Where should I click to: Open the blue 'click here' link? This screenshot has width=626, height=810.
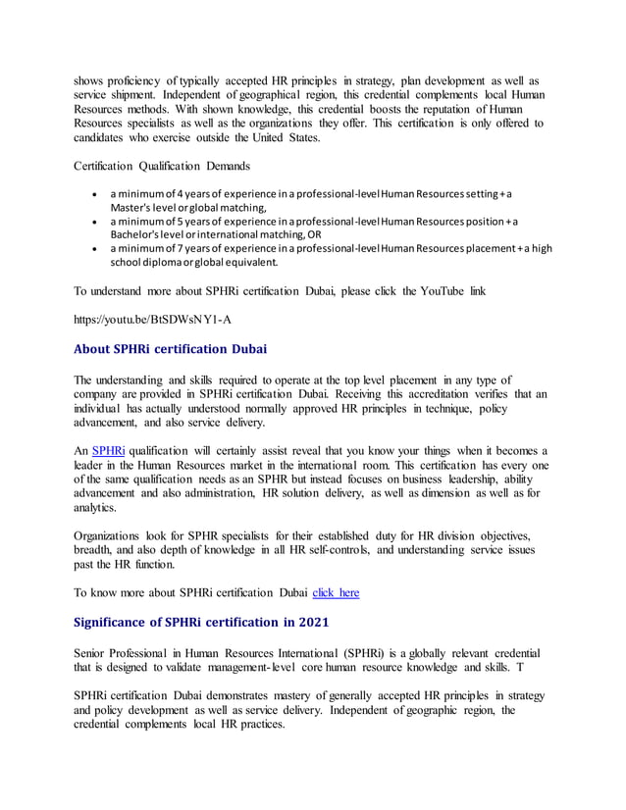(x=336, y=592)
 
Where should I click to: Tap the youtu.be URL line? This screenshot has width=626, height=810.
(x=153, y=319)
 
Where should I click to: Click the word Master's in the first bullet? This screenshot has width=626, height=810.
(x=131, y=207)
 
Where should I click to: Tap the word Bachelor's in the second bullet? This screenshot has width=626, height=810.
(x=136, y=234)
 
